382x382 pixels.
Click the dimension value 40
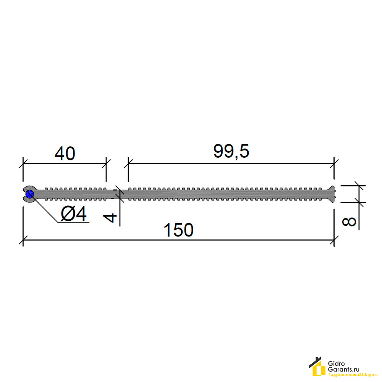(x=65, y=154)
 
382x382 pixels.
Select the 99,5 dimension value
(x=231, y=151)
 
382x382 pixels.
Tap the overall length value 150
(x=178, y=230)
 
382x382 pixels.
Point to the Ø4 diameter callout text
(x=74, y=214)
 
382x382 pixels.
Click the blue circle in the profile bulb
(x=30, y=194)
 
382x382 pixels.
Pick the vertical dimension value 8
(x=349, y=222)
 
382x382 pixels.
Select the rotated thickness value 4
(x=110, y=218)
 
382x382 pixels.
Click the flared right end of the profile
(x=331, y=194)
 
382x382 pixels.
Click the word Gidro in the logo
(x=337, y=364)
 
